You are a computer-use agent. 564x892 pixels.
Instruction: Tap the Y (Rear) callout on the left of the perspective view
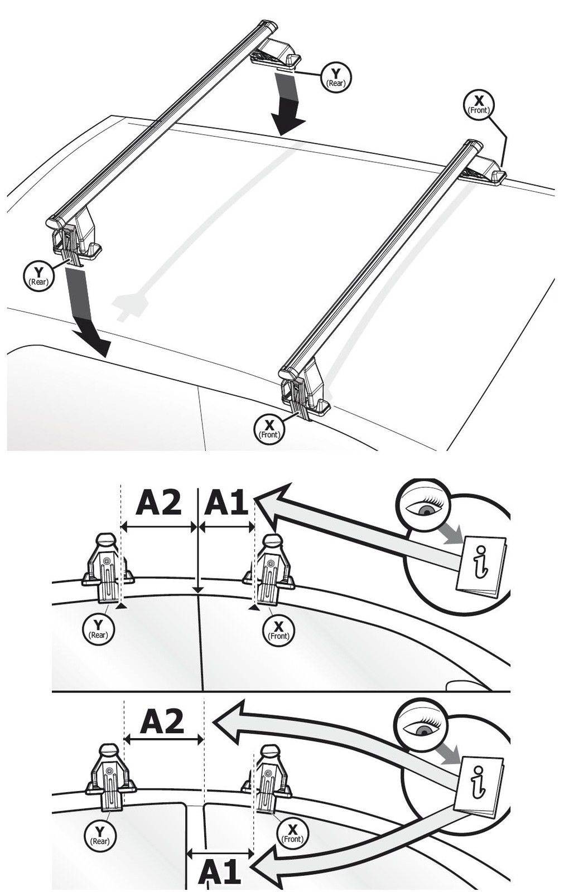click(38, 275)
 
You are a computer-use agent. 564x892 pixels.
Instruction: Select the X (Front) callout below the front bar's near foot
click(269, 428)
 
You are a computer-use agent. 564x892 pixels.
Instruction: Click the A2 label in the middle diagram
click(159, 502)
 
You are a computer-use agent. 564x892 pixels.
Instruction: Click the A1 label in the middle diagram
click(226, 502)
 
